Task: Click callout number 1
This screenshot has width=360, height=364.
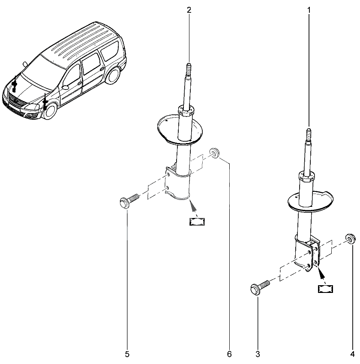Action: [309, 10]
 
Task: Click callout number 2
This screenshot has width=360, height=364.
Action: [189, 10]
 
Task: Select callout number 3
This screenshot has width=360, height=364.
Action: [258, 354]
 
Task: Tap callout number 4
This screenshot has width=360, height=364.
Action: [353, 354]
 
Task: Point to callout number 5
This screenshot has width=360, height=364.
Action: [127, 354]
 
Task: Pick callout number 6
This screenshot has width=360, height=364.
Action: [229, 354]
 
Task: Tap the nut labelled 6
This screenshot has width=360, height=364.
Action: [214, 153]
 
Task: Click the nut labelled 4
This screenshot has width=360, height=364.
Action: [351, 239]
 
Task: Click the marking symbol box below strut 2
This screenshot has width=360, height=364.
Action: [197, 222]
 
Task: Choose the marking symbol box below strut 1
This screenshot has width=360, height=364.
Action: [325, 289]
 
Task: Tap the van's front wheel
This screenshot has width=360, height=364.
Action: [51, 111]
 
